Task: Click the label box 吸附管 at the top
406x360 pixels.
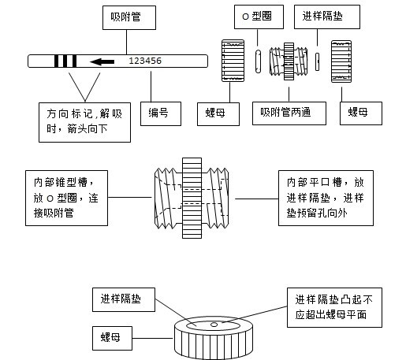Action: [132, 16]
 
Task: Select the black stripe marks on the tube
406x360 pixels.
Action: [65, 61]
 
